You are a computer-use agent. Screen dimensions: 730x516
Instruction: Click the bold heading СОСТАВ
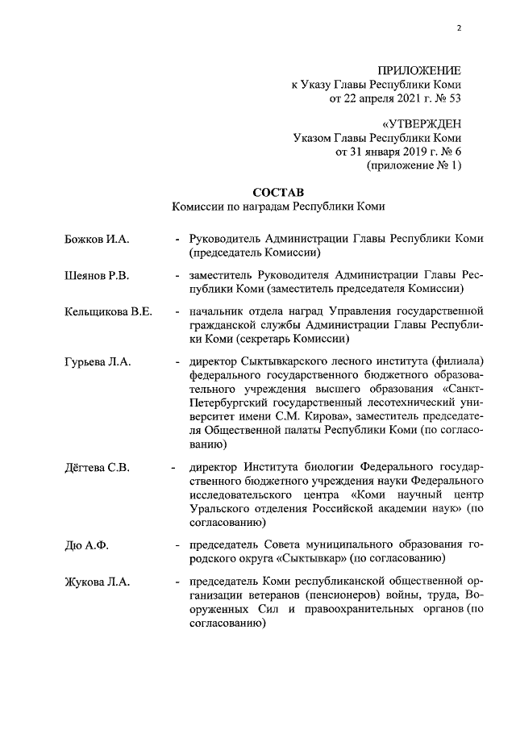[278, 192]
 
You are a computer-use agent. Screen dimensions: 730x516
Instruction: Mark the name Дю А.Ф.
[87, 544]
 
